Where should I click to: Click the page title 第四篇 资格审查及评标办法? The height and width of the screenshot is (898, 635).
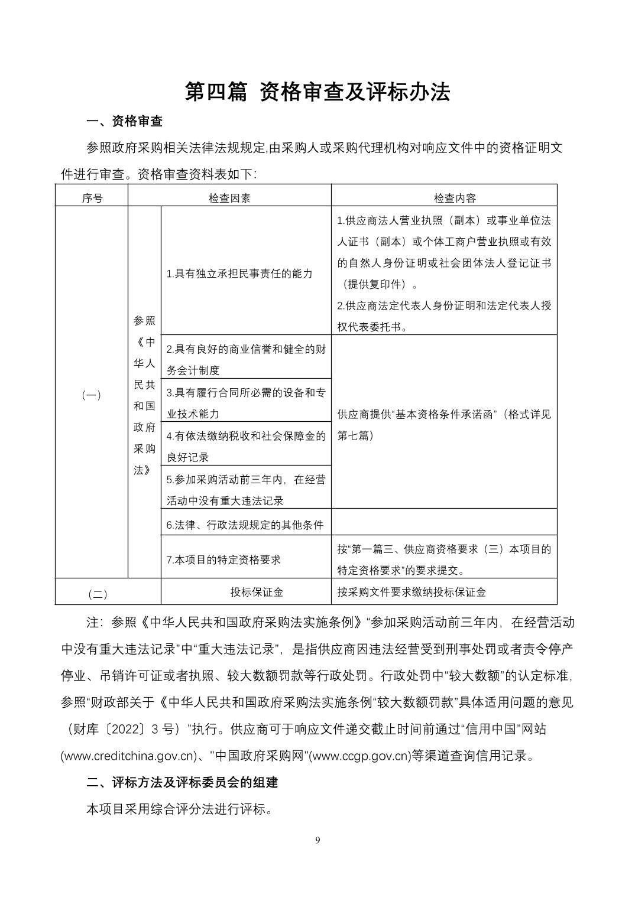point(317,92)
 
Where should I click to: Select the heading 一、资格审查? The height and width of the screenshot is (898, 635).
point(124,122)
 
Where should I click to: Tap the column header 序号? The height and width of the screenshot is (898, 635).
point(92,198)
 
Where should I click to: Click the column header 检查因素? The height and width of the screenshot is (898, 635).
point(229,198)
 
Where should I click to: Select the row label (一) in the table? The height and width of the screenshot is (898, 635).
point(91,395)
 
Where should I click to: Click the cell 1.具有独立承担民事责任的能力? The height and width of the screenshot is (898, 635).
point(239,274)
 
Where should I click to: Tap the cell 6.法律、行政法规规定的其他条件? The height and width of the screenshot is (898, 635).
point(245,525)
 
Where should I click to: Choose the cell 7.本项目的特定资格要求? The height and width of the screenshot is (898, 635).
point(223,559)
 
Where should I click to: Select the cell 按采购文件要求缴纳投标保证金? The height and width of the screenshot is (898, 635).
point(412,592)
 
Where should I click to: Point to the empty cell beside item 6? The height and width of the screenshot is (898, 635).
point(443,522)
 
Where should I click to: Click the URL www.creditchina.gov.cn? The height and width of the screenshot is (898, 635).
point(128,756)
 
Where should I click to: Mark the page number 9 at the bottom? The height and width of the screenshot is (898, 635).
point(318,841)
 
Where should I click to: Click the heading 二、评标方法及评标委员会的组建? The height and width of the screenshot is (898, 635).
point(182,783)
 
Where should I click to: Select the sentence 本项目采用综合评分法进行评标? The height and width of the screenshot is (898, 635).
point(180,809)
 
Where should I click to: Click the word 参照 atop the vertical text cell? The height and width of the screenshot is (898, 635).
point(144,320)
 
